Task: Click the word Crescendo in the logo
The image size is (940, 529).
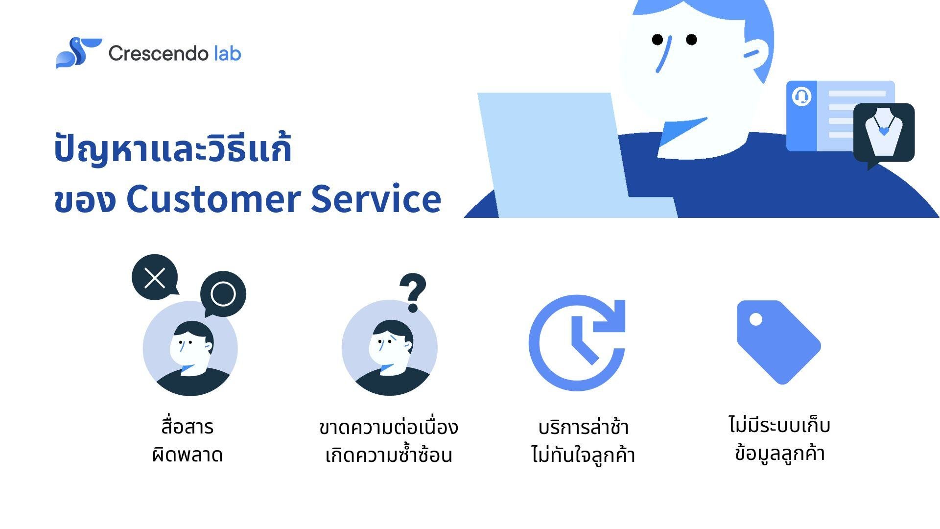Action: click(158, 53)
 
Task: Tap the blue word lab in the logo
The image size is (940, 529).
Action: click(228, 53)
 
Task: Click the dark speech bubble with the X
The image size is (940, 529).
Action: click(155, 278)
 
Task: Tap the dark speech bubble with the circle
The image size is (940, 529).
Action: click(223, 294)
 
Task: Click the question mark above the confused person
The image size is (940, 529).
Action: click(413, 292)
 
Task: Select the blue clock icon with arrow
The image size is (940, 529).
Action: click(577, 342)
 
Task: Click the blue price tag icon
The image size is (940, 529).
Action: click(778, 342)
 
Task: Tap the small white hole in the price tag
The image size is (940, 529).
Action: click(756, 319)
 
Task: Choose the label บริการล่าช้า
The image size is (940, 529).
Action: click(583, 427)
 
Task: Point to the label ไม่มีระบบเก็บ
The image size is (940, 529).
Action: click(779, 425)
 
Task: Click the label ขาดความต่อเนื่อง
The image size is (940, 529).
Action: click(388, 427)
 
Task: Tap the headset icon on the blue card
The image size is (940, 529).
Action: click(801, 96)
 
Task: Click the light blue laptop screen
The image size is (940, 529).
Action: click(553, 152)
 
